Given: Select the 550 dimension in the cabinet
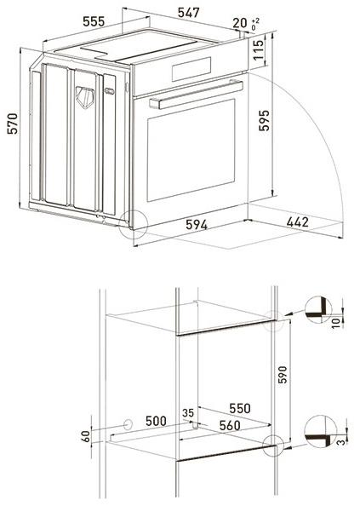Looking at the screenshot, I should (x=240, y=408).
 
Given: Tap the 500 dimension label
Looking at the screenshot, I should (x=154, y=419).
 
